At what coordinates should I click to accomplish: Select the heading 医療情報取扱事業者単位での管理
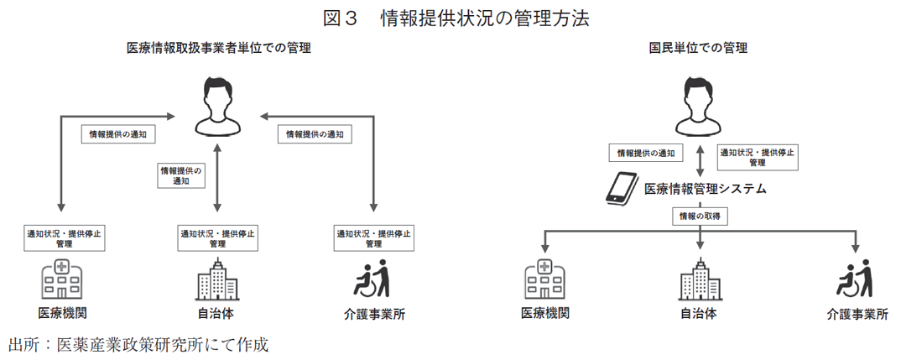tap(219, 49)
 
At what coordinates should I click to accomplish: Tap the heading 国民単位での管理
tap(698, 49)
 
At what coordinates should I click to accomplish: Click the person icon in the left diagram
tap(218, 106)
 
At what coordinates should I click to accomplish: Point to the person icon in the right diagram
tap(699, 106)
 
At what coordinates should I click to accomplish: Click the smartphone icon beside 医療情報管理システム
tap(622, 189)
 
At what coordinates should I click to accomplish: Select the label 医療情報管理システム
tap(705, 190)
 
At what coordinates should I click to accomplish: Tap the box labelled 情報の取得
tap(700, 217)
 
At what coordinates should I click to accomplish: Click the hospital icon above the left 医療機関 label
tap(61, 280)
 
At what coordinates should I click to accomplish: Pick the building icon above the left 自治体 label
tap(216, 280)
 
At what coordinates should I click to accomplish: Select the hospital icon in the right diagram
tap(544, 280)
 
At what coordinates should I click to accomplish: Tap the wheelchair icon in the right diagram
tap(854, 279)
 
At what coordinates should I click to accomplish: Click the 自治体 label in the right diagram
tap(698, 315)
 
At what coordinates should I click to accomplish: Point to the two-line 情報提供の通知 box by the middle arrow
tap(181, 175)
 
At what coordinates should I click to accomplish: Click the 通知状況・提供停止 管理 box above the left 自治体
tap(217, 237)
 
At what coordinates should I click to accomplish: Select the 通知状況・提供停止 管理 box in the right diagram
tap(758, 157)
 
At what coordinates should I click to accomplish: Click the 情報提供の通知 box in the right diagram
tap(645, 154)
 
